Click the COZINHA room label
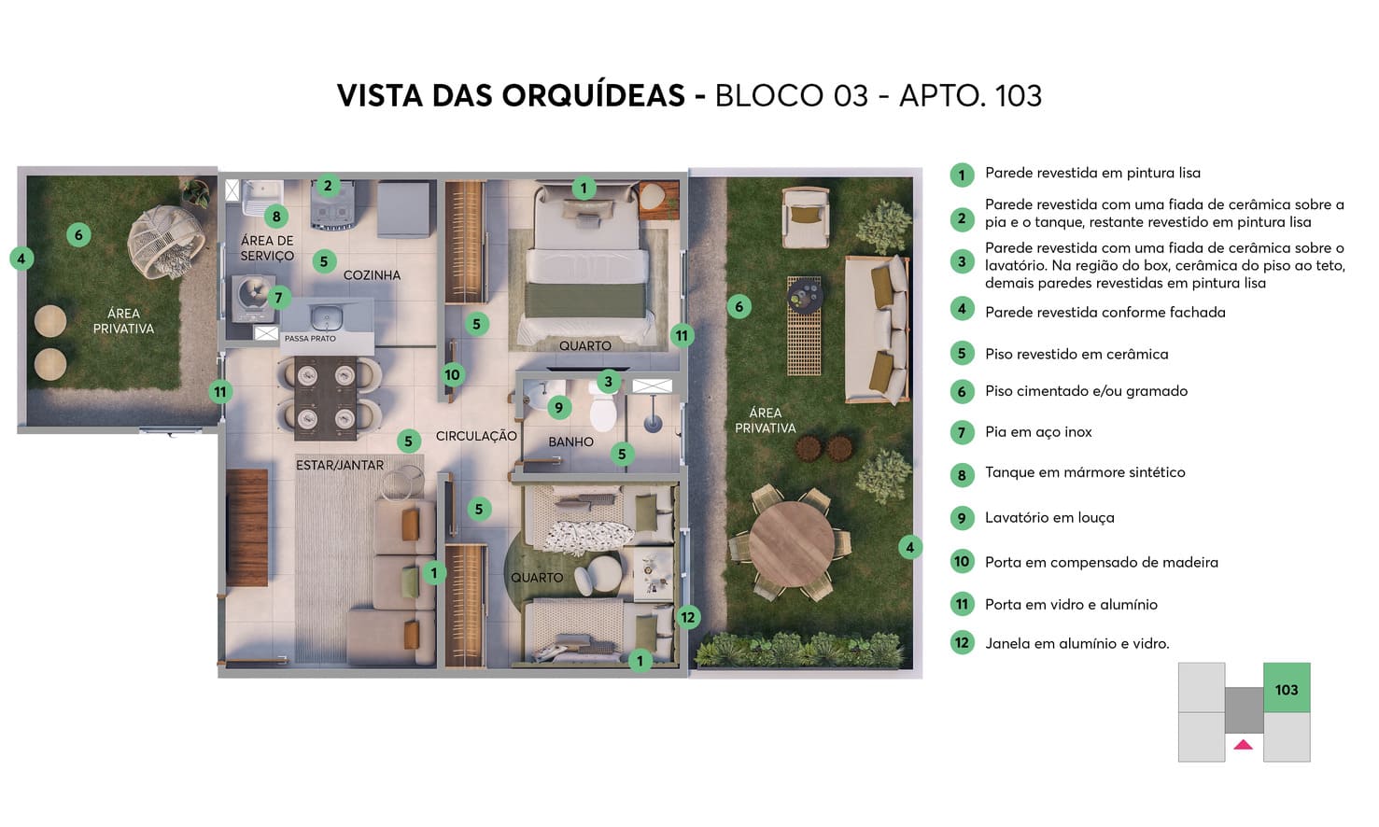[x=372, y=275]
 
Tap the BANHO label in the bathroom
[x=570, y=442]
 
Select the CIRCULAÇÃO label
[x=476, y=436]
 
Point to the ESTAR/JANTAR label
[x=340, y=465]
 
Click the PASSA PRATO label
[x=310, y=339]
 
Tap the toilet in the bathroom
[x=603, y=411]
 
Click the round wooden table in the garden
[x=792, y=541]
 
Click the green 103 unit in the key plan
[x=1287, y=689]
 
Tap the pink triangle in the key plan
[x=1243, y=744]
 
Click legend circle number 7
[x=962, y=432]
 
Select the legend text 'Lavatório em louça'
[x=1049, y=518]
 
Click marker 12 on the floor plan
[x=688, y=617]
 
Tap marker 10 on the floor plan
[x=452, y=375]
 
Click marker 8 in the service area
[x=275, y=217]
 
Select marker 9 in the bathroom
[x=558, y=407]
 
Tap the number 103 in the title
[x=1019, y=95]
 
